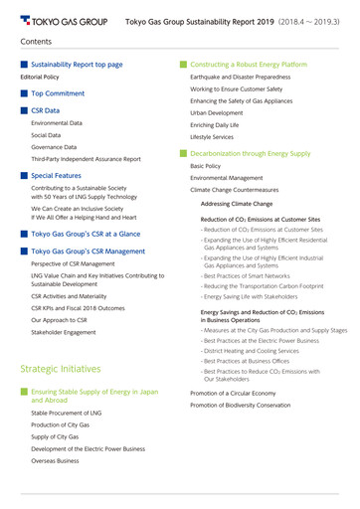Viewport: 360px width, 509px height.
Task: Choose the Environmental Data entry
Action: point(57,122)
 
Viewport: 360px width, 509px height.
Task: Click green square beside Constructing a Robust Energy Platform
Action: point(183,64)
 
